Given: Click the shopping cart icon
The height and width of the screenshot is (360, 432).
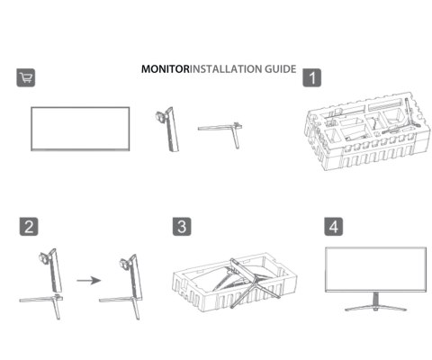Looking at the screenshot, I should pyautogui.click(x=26, y=77).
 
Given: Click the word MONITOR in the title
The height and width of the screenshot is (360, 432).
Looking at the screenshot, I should pyautogui.click(x=164, y=69).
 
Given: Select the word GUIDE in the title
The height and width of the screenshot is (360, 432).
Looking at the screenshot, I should pyautogui.click(x=276, y=69).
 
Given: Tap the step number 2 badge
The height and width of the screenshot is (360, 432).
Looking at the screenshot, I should pyautogui.click(x=28, y=226).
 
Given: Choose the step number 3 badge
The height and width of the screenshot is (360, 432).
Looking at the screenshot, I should pyautogui.click(x=182, y=226).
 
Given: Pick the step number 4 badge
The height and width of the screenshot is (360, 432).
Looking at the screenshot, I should pyautogui.click(x=333, y=226).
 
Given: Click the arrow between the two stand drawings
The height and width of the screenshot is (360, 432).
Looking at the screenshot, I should pyautogui.click(x=85, y=280).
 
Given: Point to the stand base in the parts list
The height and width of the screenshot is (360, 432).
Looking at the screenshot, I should pyautogui.click(x=221, y=130).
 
